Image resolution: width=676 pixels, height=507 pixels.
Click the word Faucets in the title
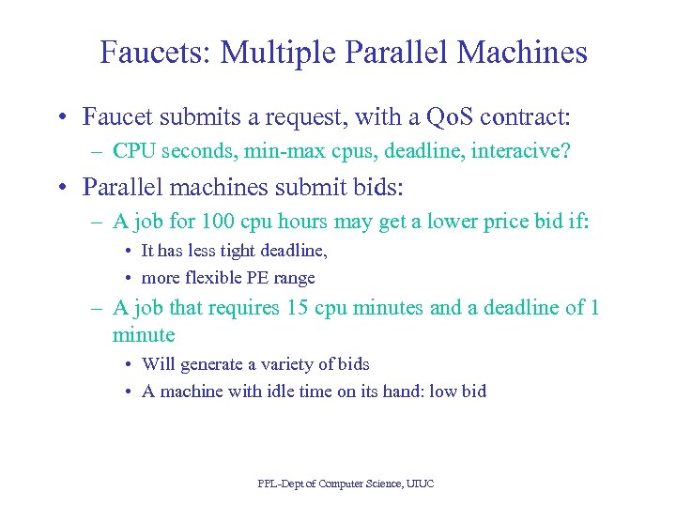pos(154,53)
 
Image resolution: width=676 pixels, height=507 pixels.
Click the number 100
pos(201,222)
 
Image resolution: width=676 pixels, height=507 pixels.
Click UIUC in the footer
pos(421,484)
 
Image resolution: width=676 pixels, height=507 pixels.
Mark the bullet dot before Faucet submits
pos(59,117)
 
